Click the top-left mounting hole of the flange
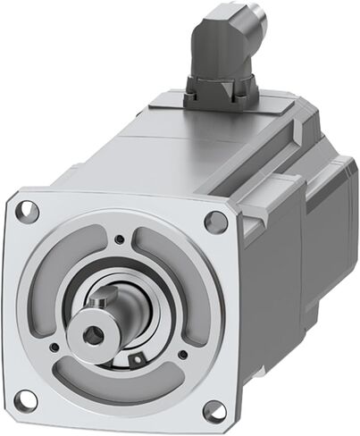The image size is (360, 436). (x=29, y=211)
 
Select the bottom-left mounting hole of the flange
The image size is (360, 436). (x=28, y=397)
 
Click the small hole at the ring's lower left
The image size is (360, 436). (x=57, y=346)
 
